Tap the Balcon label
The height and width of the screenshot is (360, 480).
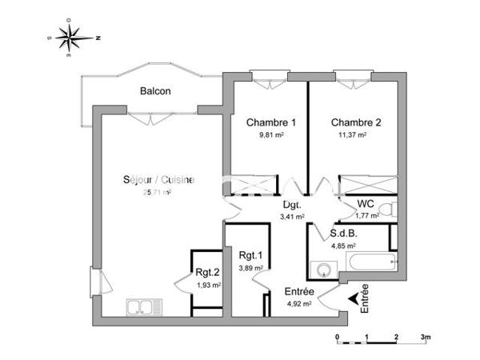[155, 91]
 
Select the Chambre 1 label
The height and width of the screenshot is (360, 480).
[271, 122]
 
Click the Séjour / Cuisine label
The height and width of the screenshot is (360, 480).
[158, 180]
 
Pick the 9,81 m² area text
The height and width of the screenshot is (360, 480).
[271, 136]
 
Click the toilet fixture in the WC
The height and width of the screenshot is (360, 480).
[387, 210]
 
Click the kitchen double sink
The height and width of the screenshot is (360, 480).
[144, 305]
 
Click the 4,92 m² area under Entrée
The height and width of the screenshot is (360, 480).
[298, 303]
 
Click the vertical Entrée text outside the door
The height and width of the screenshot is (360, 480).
[365, 298]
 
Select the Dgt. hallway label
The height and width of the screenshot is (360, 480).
[291, 204]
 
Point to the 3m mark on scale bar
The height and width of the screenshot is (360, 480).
[426, 337]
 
